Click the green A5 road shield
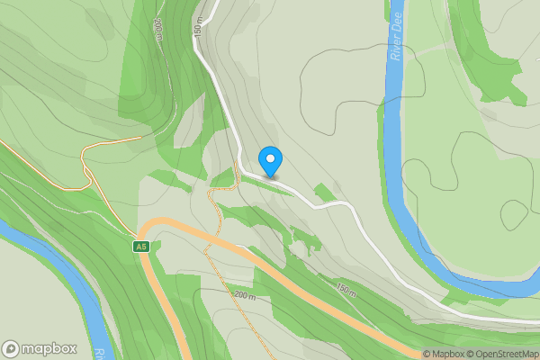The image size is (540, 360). coord(140,247)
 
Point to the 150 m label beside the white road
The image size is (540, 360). coord(199,29)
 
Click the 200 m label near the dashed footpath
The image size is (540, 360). coord(245,296)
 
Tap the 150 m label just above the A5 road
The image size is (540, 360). coord(346,291)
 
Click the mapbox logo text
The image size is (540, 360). coord(49,349)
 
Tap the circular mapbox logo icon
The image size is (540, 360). coord(11,349)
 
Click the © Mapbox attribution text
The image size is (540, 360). coord(442,354)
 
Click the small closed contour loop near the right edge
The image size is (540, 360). coord(514,214)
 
